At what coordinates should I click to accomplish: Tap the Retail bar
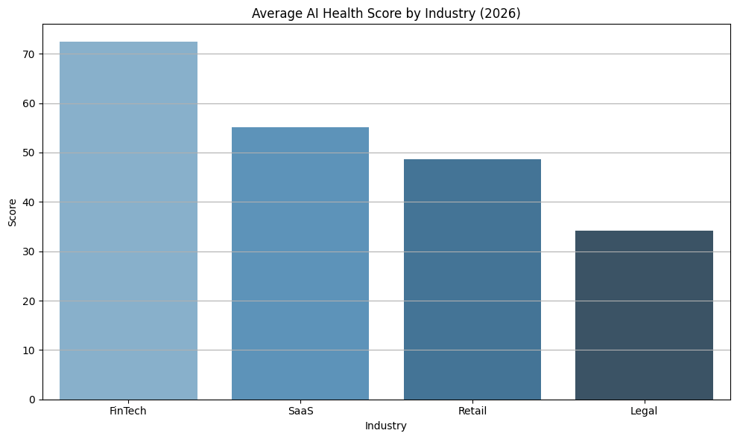tap(472, 279)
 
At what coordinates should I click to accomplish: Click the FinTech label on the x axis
tap(128, 411)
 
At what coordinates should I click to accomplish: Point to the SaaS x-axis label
tap(300, 411)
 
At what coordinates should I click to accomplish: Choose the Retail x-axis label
tap(472, 411)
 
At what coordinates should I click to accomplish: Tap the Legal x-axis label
tap(644, 411)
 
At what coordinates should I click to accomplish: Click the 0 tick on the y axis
tap(33, 400)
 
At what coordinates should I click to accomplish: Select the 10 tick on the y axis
tap(30, 350)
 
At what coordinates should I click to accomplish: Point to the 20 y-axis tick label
tap(30, 301)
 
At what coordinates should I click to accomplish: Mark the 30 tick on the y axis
tap(30, 251)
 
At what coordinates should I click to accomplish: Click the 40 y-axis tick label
tap(30, 202)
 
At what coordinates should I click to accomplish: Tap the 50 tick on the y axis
tap(30, 153)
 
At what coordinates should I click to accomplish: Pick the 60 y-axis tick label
tap(30, 103)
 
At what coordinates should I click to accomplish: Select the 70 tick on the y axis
tap(30, 54)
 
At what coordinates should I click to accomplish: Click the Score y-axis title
tap(12, 212)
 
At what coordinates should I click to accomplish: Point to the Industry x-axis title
tap(386, 426)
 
